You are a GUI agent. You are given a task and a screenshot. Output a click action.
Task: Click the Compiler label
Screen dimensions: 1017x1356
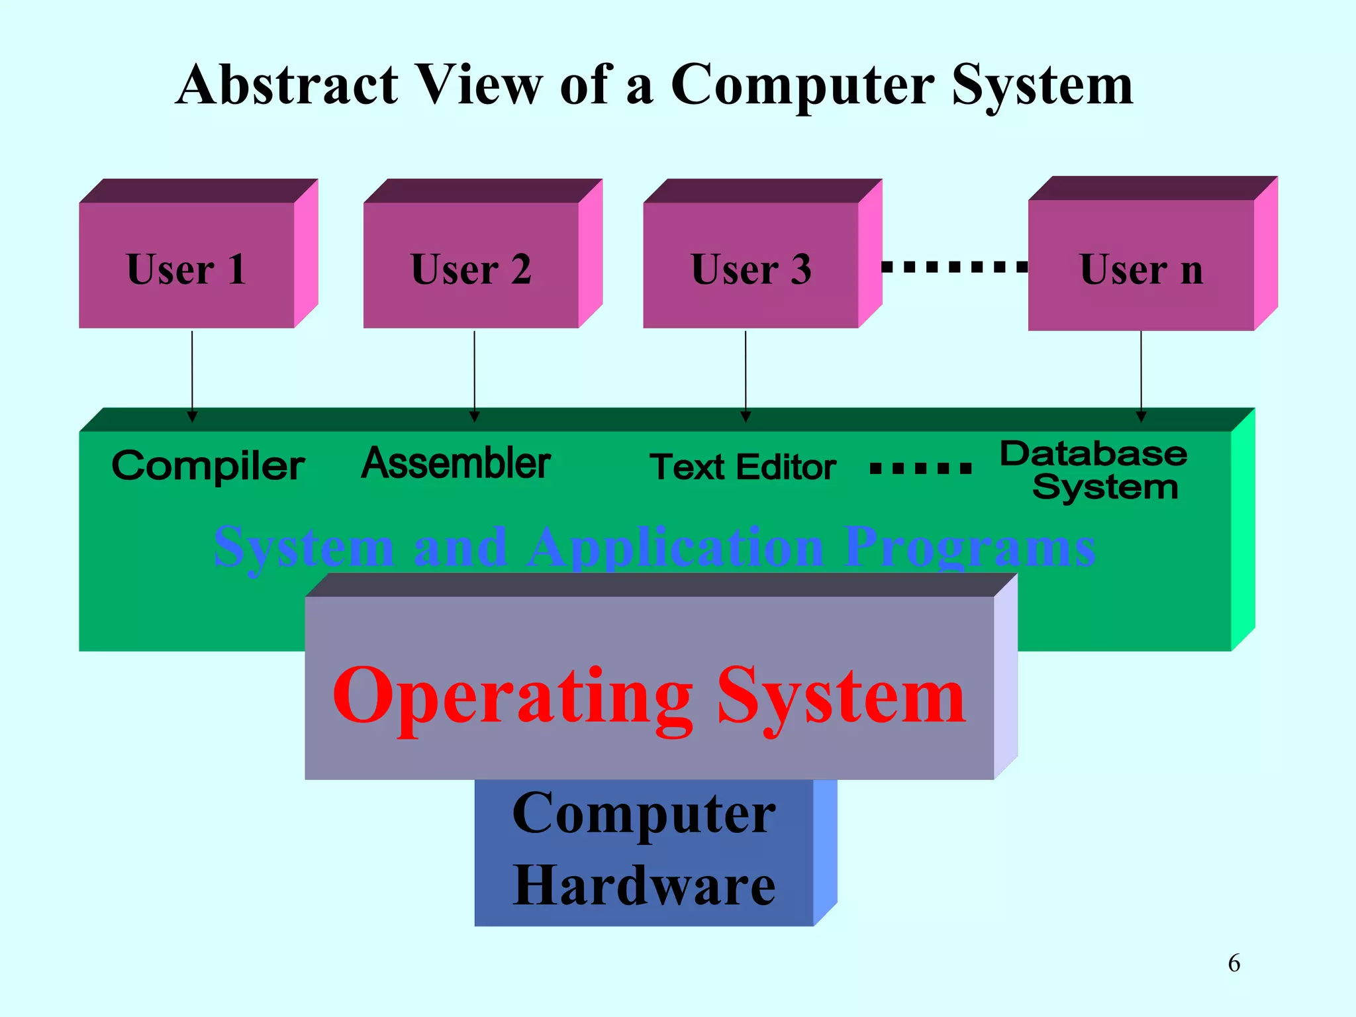click(x=208, y=466)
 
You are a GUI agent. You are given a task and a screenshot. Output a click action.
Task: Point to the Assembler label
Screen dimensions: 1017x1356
click(x=456, y=463)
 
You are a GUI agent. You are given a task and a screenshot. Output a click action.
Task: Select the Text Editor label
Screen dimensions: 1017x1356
click(x=742, y=467)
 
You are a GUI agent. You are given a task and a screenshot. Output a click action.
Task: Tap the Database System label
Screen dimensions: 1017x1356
click(x=1094, y=471)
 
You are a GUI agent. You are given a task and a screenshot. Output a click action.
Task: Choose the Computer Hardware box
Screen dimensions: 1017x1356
click(x=644, y=850)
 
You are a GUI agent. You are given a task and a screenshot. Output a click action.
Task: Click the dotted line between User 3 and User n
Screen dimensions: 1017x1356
click(x=955, y=267)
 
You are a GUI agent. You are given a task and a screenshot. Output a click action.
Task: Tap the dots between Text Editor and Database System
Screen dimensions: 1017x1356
click(x=920, y=469)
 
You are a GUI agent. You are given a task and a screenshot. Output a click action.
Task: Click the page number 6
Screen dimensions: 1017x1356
click(x=1234, y=963)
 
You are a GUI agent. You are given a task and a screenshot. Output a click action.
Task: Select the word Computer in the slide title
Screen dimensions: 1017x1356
click(x=802, y=86)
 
